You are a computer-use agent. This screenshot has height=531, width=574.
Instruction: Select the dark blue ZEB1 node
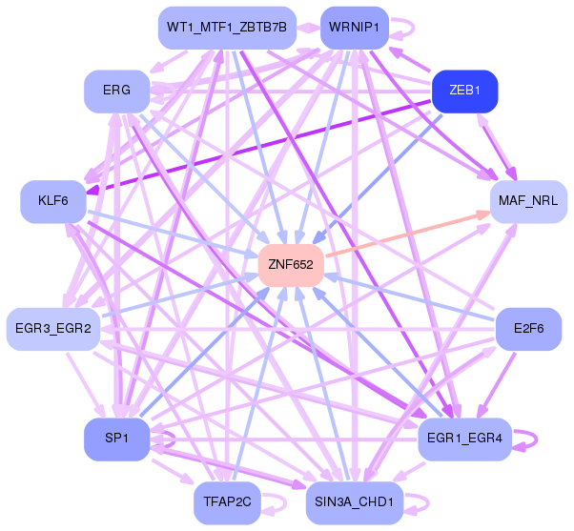click(x=464, y=92)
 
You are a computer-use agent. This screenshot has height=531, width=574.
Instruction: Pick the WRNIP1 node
click(x=354, y=27)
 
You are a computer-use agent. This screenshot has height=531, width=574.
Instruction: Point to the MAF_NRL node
click(x=527, y=201)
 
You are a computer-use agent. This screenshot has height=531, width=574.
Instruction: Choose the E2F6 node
click(x=528, y=329)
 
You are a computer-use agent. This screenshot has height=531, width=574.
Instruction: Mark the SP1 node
click(x=116, y=438)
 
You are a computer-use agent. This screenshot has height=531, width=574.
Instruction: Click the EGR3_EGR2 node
click(x=53, y=329)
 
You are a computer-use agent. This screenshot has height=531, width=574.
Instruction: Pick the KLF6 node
click(x=53, y=201)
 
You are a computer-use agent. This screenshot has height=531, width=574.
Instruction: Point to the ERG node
click(x=116, y=92)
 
